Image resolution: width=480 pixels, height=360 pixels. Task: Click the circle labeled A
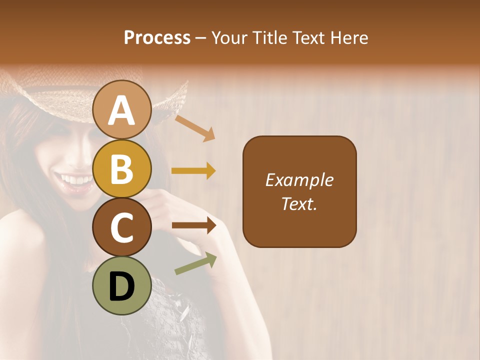point(122,109)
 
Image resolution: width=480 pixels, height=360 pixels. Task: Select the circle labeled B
point(122,168)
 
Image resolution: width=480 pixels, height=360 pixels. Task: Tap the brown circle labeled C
point(122,227)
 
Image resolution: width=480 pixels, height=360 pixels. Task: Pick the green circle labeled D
point(122,285)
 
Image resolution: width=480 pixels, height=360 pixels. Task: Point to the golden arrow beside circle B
point(193,171)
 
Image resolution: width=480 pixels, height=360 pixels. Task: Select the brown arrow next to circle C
point(193,225)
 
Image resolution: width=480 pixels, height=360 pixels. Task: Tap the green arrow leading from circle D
point(195,264)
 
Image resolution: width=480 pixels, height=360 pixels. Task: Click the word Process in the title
point(157,38)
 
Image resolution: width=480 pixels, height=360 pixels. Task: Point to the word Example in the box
point(299,180)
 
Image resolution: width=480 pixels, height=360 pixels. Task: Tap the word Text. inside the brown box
point(299,204)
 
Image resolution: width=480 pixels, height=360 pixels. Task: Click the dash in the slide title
point(201,38)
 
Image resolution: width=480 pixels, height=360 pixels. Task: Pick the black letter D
point(122,286)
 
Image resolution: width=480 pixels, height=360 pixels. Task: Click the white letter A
point(122,110)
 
